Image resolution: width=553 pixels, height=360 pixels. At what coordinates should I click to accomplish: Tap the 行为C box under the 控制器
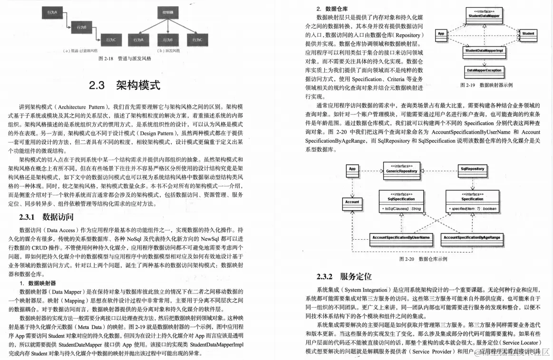coord(197,39)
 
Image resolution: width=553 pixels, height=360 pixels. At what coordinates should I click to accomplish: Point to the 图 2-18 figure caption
coord(125,58)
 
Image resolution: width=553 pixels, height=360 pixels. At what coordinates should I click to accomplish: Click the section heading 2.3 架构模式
coord(125,86)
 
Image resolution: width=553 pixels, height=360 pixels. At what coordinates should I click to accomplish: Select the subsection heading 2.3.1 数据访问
coord(46,217)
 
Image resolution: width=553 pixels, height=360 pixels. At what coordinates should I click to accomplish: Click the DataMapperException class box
coord(484,70)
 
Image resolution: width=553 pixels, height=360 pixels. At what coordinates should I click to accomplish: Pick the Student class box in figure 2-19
coord(527,34)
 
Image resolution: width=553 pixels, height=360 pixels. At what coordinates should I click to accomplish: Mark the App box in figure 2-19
coord(441,34)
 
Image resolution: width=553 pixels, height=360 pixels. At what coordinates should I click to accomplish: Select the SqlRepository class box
coord(473,169)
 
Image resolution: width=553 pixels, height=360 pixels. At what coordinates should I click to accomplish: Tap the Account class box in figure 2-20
coord(352,202)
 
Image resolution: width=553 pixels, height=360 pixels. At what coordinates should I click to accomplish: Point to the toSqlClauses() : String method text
coord(401,209)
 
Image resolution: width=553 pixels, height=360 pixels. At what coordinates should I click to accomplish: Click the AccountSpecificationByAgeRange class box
coord(472,237)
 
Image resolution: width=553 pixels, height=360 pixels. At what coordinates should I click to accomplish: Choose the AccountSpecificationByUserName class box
coord(401,237)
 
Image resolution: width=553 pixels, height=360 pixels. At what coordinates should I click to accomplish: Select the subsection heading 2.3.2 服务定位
coord(344,276)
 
